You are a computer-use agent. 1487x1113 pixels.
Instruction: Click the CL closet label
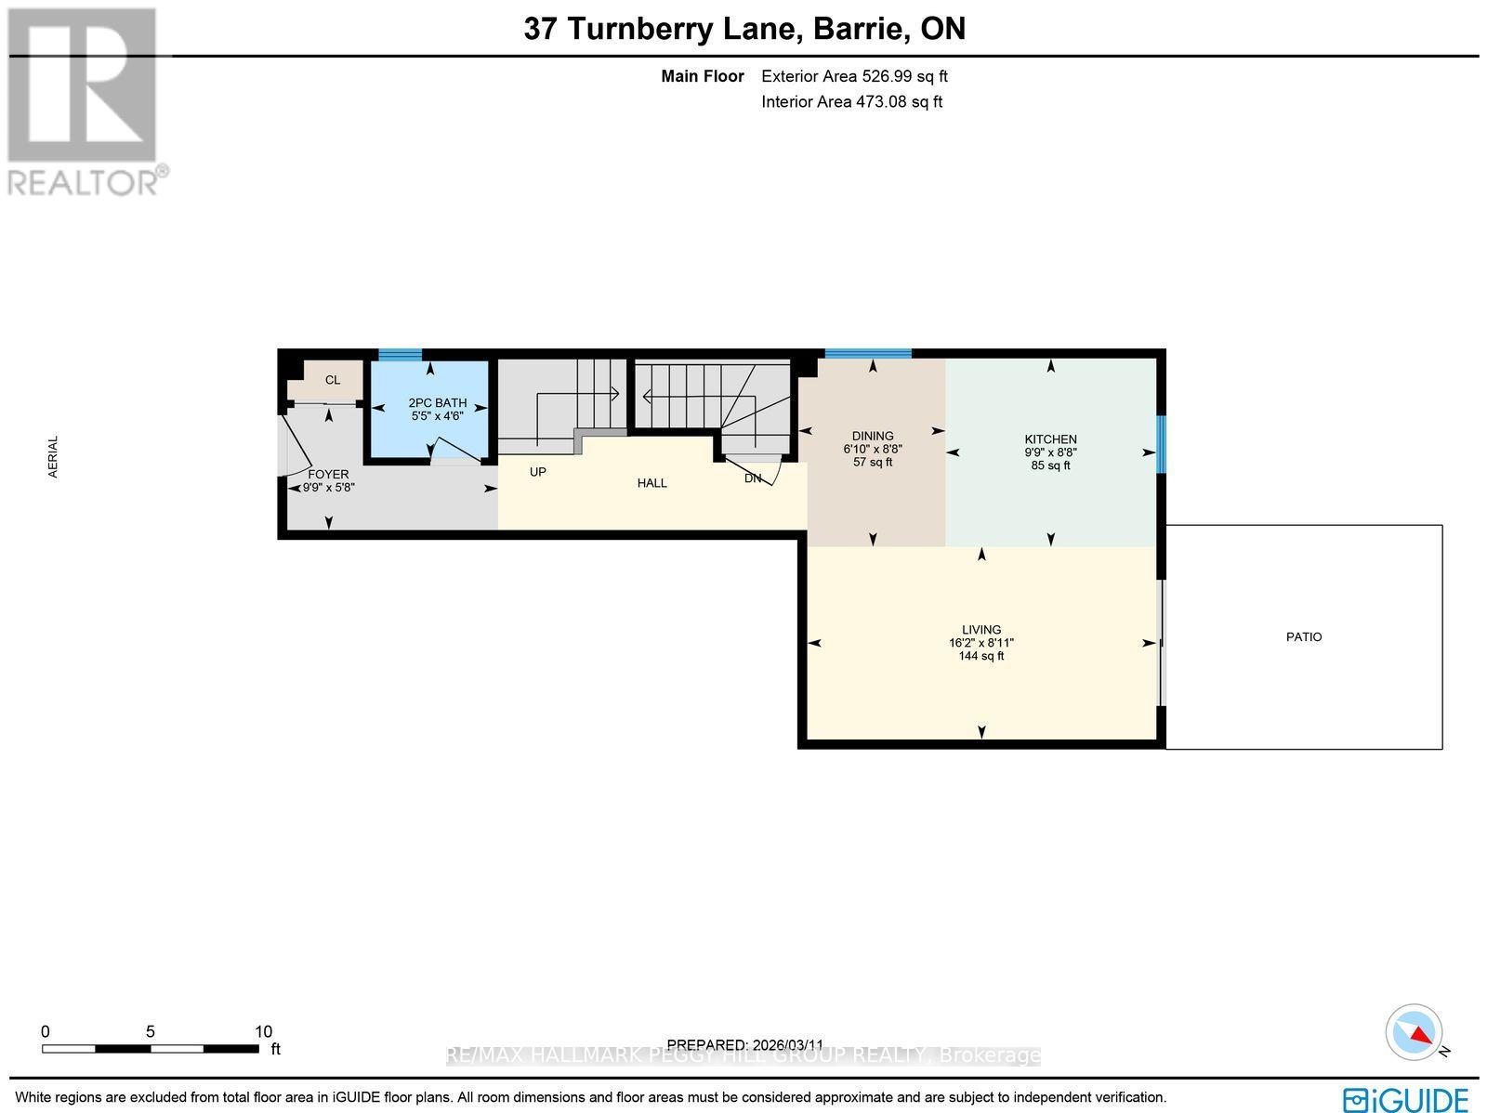(332, 380)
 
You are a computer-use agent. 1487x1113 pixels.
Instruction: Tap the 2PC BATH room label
(437, 403)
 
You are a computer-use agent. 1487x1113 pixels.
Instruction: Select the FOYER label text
(328, 475)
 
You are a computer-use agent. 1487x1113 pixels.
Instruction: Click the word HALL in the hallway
(651, 483)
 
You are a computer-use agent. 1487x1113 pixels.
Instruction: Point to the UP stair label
(537, 472)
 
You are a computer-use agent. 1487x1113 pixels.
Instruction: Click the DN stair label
(753, 478)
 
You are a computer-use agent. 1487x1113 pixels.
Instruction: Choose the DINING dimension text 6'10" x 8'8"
(872, 449)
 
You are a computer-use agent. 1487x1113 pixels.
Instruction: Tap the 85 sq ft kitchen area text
(1050, 465)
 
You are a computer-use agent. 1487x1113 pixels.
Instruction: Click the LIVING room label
(981, 630)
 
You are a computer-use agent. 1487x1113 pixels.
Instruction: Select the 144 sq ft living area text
(981, 656)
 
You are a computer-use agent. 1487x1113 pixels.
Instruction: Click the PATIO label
(1303, 637)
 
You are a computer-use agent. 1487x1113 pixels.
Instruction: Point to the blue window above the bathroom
(400, 354)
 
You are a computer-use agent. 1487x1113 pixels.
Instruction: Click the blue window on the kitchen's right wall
(1160, 444)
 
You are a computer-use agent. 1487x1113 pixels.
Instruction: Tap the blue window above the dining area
(868, 353)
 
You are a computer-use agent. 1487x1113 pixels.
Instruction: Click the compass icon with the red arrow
(1415, 1032)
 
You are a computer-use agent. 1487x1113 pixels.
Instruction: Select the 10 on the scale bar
(263, 1031)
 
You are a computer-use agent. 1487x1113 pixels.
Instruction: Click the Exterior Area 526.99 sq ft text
(854, 77)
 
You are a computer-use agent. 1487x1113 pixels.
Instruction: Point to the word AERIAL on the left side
(53, 457)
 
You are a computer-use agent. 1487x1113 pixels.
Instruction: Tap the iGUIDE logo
(1406, 1098)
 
